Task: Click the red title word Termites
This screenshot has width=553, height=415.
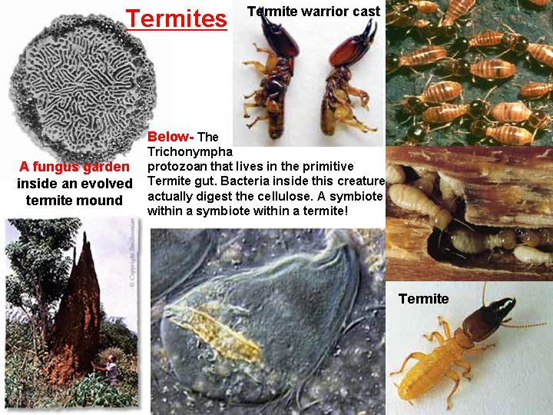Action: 176,18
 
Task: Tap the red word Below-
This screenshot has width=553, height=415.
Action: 171,137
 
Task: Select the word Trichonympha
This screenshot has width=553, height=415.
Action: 190,151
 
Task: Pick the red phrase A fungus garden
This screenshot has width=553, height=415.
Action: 75,167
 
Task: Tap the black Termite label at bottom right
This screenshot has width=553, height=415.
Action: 423,299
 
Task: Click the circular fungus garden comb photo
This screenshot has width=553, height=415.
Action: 83,86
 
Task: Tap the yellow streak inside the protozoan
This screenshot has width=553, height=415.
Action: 215,334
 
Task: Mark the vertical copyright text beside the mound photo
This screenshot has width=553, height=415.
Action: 132,253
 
